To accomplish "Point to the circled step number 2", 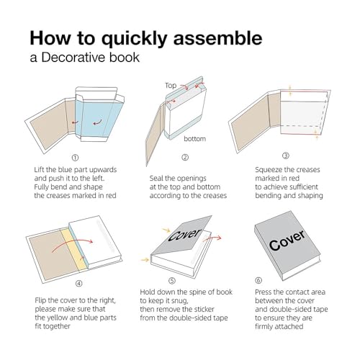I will click(184, 157).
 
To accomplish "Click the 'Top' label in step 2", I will click(170, 84).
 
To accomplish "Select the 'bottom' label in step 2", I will click(195, 138).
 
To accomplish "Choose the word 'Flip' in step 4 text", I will click(40, 298).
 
